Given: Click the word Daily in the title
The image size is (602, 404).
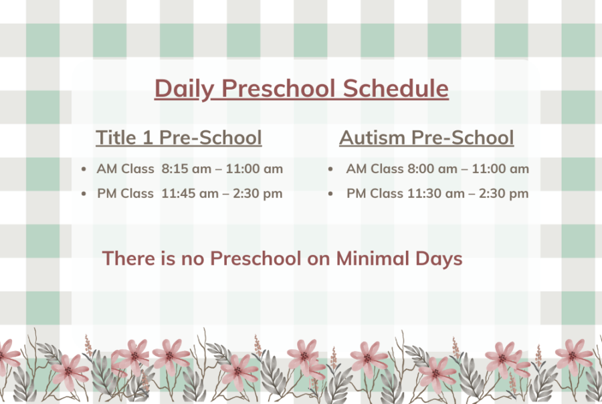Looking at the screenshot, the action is pos(184,89).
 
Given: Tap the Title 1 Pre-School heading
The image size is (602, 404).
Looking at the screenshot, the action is pos(179,137).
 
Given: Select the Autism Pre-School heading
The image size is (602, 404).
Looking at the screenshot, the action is pos(427,137).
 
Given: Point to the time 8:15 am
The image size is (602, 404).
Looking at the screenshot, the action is pos(186,169).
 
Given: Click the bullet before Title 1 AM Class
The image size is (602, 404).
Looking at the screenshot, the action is pos(84,169).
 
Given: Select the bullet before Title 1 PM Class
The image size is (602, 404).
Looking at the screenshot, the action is pos(84,194).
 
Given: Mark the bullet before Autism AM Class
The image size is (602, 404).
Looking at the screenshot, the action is pos(330,169).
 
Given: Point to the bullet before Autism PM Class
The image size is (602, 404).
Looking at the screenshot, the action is pos(330,194).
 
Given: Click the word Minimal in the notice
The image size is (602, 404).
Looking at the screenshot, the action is pos(373,258).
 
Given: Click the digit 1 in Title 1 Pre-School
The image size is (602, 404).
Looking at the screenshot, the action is pos(148,138).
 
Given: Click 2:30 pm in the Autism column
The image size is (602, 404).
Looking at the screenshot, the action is pos(504,194).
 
